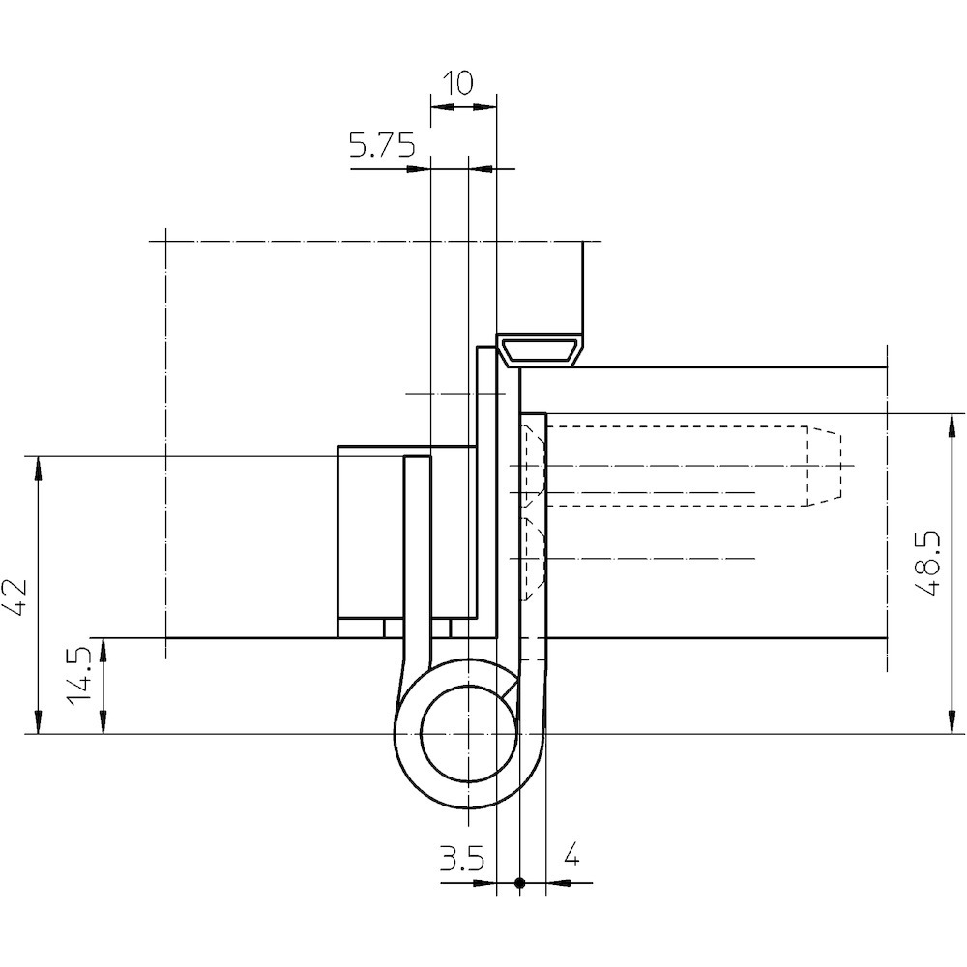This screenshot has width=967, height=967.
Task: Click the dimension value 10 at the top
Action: point(458,82)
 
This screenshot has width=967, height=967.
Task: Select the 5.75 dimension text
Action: point(382,146)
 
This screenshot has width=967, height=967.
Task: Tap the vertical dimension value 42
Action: point(15,597)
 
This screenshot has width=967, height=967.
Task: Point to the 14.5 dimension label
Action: point(79,675)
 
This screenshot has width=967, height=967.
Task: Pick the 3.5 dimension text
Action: point(462,859)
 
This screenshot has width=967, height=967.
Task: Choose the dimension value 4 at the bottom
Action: point(571,855)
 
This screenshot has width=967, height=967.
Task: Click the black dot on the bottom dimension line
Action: point(520,883)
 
